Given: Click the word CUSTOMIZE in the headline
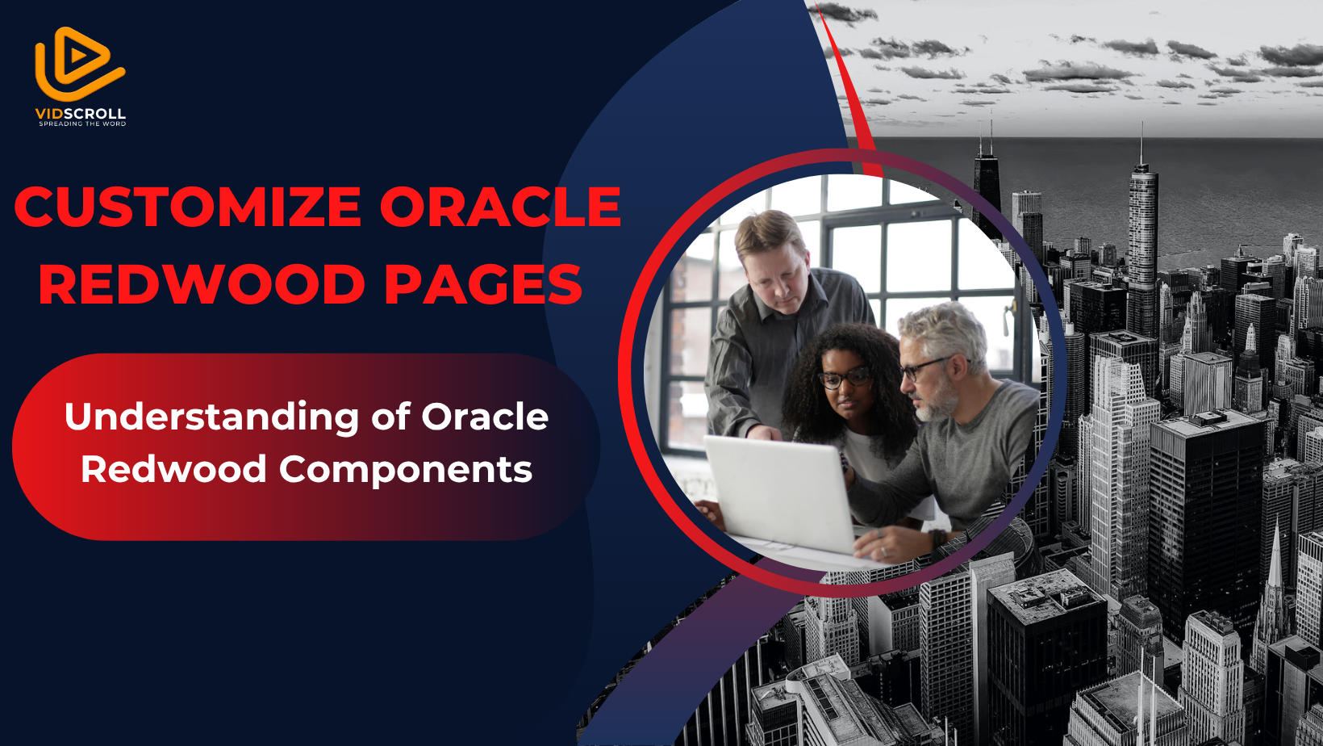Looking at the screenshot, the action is [x=188, y=207].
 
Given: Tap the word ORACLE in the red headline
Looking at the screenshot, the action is [x=500, y=207].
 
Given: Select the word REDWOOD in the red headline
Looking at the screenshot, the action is [x=202, y=284].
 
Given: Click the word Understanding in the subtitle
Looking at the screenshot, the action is [x=211, y=418].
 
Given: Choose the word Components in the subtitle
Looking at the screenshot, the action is [x=406, y=471].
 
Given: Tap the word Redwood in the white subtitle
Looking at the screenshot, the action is [x=173, y=469].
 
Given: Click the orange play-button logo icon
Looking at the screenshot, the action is [x=79, y=64].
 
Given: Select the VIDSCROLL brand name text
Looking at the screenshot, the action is [x=81, y=114].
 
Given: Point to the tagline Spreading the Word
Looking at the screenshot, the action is [x=82, y=124].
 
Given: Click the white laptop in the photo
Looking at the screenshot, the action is [x=778, y=493].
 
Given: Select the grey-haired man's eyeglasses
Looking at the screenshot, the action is [x=927, y=367].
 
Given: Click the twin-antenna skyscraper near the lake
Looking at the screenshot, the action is [x=987, y=183].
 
